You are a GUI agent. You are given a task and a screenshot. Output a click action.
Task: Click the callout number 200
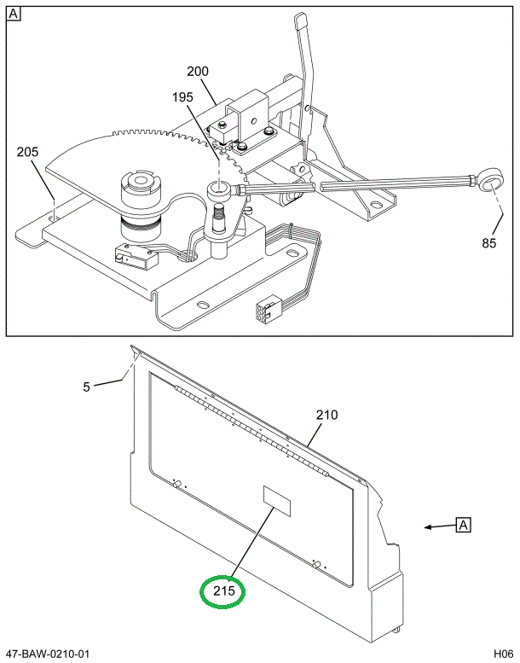(x=197, y=72)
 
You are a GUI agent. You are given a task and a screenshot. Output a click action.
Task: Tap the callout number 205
(x=27, y=152)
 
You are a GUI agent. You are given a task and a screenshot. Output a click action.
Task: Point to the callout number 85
(x=488, y=243)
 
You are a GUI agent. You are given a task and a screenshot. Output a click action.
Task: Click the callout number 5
(x=87, y=387)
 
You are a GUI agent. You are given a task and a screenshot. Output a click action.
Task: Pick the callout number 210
(x=327, y=416)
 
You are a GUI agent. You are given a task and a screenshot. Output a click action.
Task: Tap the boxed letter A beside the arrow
(x=463, y=525)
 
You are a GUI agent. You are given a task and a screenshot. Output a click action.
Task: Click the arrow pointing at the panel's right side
(x=439, y=527)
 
